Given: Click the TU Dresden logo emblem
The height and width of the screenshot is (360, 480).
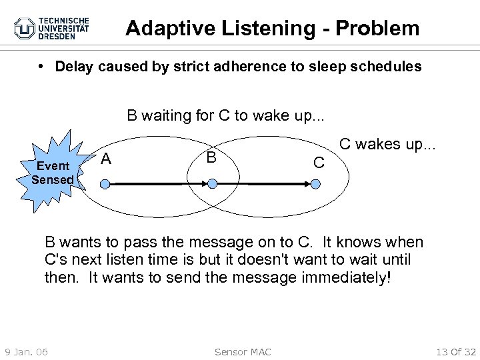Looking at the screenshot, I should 25,28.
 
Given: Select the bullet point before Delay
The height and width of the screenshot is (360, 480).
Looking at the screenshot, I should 41,67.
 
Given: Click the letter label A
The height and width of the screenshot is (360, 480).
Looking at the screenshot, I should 106,159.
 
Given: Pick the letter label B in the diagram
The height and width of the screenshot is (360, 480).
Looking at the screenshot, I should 211,158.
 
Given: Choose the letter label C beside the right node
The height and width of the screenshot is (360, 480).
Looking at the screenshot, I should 319,163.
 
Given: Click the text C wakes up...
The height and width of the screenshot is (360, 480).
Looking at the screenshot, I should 387,144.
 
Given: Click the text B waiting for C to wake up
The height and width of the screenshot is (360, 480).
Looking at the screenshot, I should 226,115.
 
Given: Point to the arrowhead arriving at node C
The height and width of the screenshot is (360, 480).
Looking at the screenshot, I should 303,182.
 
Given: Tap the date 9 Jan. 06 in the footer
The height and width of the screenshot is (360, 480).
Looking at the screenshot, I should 26,351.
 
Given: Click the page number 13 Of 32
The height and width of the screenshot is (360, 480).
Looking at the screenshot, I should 455,351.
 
